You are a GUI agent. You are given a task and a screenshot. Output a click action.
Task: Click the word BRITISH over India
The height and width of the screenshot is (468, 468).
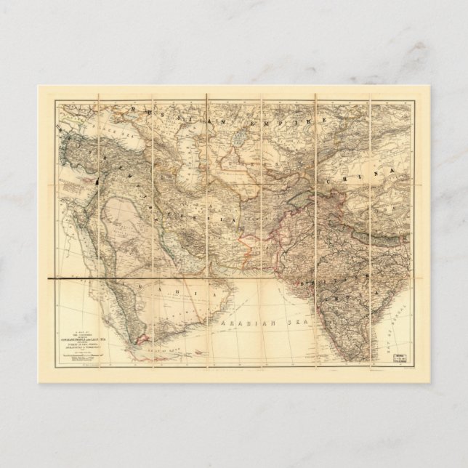point(326,273)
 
